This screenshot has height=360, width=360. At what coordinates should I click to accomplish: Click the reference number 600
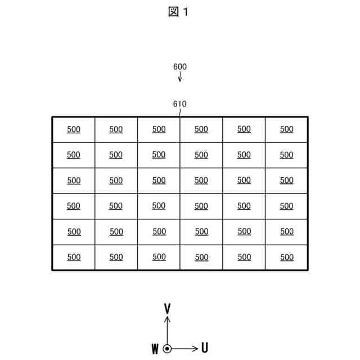(x=180, y=66)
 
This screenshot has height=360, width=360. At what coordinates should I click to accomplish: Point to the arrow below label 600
(x=180, y=77)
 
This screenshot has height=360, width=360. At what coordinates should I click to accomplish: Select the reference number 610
(x=180, y=104)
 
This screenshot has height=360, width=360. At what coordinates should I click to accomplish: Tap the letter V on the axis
(x=167, y=308)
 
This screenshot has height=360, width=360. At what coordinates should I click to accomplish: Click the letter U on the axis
(x=205, y=348)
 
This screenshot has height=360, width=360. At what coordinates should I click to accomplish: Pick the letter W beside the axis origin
(x=155, y=349)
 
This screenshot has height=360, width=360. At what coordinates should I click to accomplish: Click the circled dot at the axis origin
(x=167, y=349)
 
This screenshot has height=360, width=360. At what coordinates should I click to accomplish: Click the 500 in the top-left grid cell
(x=74, y=129)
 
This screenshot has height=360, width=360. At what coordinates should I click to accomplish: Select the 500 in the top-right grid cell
(x=287, y=129)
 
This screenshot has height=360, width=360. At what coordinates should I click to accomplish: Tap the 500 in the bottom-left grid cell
(x=74, y=257)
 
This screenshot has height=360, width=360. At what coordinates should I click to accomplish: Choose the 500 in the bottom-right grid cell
(x=287, y=257)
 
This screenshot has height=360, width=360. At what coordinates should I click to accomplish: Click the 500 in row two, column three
(x=159, y=155)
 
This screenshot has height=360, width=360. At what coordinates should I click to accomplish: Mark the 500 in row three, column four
(x=201, y=181)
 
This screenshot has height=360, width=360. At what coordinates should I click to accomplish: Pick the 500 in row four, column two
(x=116, y=206)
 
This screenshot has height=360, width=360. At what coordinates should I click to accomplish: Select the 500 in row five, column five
(x=244, y=231)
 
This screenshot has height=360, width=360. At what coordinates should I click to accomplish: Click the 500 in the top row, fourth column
(x=201, y=129)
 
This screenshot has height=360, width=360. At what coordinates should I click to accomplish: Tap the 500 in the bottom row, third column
(x=159, y=257)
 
